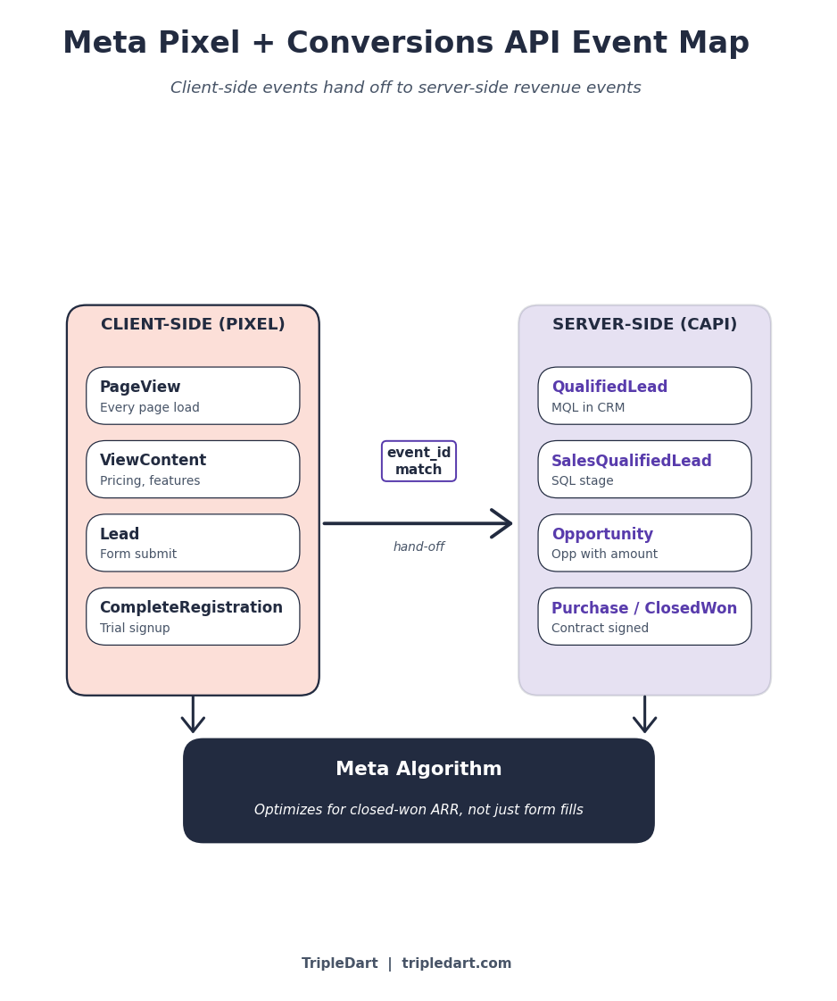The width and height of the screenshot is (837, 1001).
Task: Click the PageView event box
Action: [x=193, y=396]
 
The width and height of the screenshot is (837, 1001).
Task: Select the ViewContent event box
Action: [x=193, y=469]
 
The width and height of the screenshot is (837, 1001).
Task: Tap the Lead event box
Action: [x=193, y=543]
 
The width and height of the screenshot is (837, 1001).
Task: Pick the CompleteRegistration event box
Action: [x=193, y=616]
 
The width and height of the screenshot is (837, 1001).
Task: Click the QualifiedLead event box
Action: [x=644, y=396]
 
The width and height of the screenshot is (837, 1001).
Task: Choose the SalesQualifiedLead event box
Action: [x=644, y=469]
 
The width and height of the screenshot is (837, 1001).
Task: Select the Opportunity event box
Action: [x=644, y=543]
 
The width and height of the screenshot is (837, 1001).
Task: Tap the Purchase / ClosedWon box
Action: [x=644, y=616]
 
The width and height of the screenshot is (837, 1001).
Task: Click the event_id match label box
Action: [x=418, y=461]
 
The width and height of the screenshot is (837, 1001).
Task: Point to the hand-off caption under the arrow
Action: [x=418, y=547]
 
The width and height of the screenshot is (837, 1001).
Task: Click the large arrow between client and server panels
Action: [x=417, y=523]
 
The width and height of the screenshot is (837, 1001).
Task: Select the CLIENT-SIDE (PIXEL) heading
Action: [x=193, y=325]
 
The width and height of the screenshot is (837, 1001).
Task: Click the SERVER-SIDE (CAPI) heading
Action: [x=644, y=325]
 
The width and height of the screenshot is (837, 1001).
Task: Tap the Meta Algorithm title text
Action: [x=418, y=770]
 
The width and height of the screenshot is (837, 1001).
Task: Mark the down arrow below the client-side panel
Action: [x=193, y=716]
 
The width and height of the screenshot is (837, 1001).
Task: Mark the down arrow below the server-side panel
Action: [x=644, y=716]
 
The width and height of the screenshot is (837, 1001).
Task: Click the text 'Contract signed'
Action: [x=600, y=629]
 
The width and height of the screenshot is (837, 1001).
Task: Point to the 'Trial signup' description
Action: [x=135, y=629]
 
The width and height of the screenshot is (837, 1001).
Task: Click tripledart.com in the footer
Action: [x=456, y=963]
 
